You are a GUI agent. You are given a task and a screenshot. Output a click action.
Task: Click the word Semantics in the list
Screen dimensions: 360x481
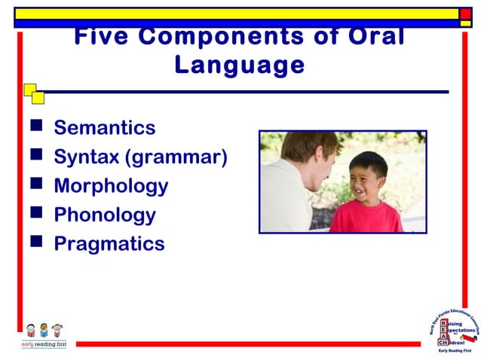105,127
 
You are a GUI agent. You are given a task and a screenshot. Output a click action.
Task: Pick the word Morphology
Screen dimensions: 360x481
111,186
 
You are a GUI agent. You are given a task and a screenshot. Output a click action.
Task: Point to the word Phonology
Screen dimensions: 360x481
105,215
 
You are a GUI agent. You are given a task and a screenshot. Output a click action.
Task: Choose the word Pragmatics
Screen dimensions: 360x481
109,243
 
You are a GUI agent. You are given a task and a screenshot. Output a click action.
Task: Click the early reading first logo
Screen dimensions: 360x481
43,336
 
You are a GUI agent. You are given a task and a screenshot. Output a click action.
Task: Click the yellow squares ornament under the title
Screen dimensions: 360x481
33,93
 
